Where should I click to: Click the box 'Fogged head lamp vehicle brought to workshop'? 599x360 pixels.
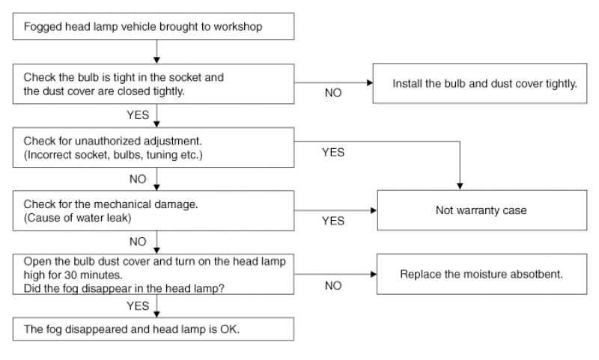click(x=153, y=26)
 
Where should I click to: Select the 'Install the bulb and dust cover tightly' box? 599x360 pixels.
click(x=480, y=83)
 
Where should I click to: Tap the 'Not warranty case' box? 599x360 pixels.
click(x=482, y=210)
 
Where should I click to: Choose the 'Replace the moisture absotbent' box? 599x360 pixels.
click(x=481, y=274)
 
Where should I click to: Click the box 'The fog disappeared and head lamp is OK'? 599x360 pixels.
click(x=153, y=329)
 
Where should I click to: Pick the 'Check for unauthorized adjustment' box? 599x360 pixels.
click(x=153, y=147)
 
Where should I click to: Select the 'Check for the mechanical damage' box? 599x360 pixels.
click(x=153, y=211)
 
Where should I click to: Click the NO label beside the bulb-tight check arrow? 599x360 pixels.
click(x=333, y=93)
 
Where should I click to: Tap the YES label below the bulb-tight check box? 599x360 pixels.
click(x=138, y=115)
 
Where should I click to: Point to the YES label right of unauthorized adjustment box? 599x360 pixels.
click(x=333, y=153)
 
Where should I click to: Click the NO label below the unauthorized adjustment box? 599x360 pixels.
click(x=138, y=179)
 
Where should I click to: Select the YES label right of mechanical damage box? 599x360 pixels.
click(x=333, y=221)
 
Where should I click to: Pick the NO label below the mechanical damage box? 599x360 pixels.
click(x=138, y=242)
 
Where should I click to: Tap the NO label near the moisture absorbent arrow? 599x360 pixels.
click(x=333, y=286)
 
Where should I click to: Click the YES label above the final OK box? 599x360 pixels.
click(x=138, y=306)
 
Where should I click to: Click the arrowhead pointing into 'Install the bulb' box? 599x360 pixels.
click(x=369, y=83)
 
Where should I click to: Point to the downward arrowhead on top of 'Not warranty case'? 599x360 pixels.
click(x=460, y=186)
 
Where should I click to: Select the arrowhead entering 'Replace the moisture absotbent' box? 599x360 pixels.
click(x=374, y=274)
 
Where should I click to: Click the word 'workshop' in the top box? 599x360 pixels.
click(x=237, y=26)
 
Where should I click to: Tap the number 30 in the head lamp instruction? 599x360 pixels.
click(x=70, y=275)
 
